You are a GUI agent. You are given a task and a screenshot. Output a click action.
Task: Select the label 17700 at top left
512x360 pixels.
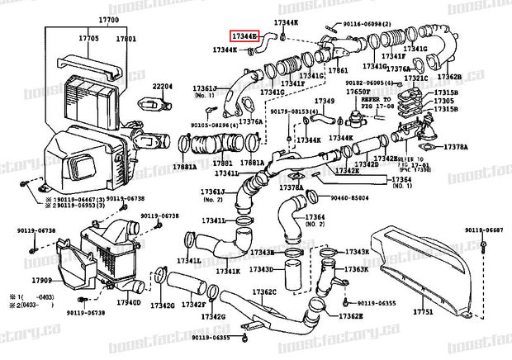[x=108, y=18]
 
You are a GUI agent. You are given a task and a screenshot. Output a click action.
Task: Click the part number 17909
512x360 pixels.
[x=19, y=281]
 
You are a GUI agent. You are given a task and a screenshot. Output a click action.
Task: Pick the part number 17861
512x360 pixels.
[x=337, y=72]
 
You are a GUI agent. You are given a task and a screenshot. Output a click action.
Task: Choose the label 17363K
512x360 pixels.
[x=356, y=269]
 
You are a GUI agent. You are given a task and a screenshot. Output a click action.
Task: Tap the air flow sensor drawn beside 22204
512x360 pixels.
[x=150, y=106]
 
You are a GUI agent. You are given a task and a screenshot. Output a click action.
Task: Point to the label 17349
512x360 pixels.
[x=324, y=102]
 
